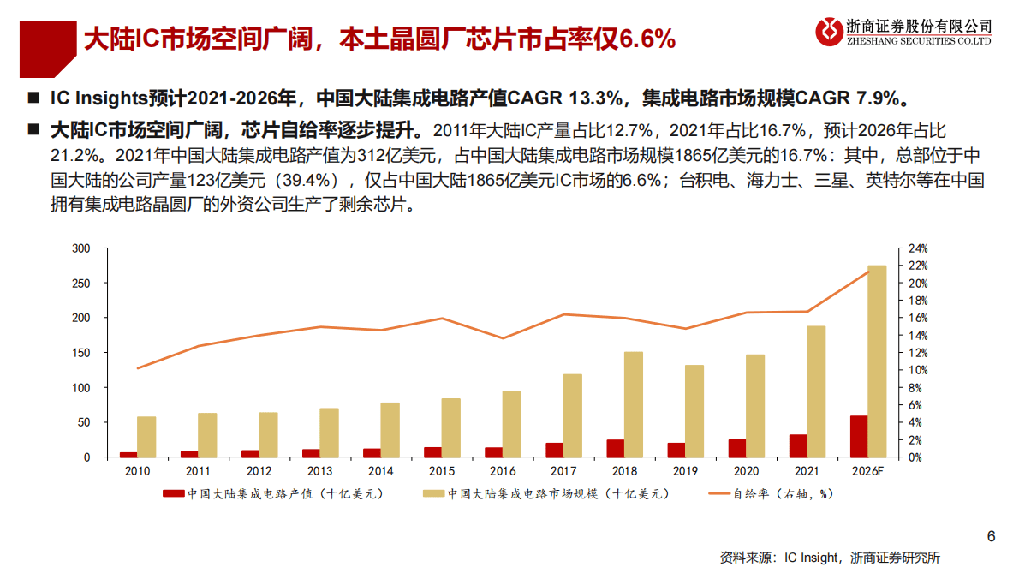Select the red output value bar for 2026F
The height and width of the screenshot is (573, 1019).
pyautogui.click(x=858, y=436)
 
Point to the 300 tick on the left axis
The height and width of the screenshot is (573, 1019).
pyautogui.click(x=80, y=248)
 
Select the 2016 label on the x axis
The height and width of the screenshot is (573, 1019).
pyautogui.click(x=502, y=472)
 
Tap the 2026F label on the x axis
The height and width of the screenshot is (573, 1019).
pyautogui.click(x=867, y=472)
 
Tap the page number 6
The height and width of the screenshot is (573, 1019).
pyautogui.click(x=991, y=537)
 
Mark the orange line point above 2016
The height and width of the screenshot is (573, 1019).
pyautogui.click(x=503, y=338)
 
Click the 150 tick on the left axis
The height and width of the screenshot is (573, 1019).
pyautogui.click(x=80, y=353)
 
